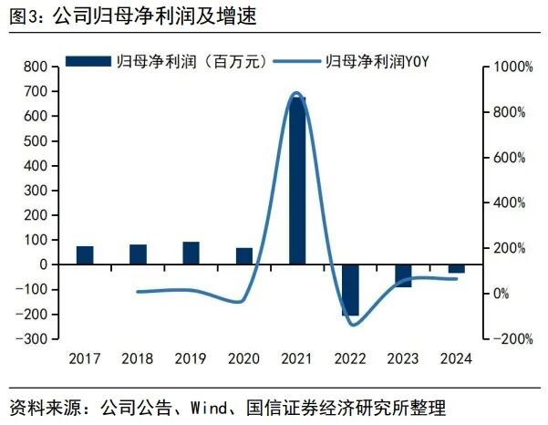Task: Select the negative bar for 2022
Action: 350,289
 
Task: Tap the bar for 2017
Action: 85,255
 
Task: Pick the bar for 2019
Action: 191,253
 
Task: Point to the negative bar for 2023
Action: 403,275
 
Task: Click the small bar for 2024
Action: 456,268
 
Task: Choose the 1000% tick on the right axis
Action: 508,67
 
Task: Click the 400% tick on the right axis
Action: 508,202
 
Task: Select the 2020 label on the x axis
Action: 243,358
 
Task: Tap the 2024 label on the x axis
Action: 456,358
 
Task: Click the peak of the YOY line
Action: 296,93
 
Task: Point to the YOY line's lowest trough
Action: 352,325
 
